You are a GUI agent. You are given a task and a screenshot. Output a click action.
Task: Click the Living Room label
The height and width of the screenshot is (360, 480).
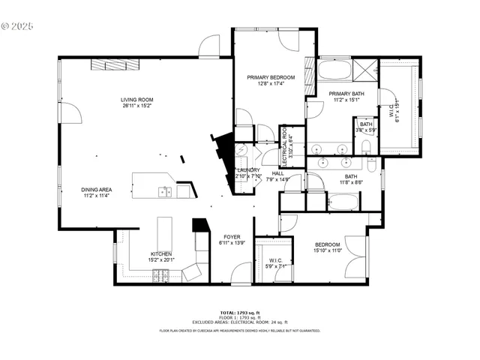click(x=136, y=100)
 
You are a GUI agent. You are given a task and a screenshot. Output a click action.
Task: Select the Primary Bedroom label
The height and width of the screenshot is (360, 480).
click(x=271, y=77)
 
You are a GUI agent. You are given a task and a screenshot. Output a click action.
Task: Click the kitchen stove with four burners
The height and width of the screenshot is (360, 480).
click(x=160, y=277)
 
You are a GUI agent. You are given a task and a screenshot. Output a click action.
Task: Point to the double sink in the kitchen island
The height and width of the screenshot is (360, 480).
click(x=164, y=192)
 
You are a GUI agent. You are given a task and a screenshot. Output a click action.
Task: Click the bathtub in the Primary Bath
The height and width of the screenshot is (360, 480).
click(x=334, y=71)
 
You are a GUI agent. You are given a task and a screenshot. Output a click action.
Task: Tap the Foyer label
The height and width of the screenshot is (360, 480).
click(x=229, y=237)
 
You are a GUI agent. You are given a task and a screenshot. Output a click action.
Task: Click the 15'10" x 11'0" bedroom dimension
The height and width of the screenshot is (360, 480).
click(x=327, y=251)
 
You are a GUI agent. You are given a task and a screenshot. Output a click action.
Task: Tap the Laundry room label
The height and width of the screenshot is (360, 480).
click(x=247, y=170)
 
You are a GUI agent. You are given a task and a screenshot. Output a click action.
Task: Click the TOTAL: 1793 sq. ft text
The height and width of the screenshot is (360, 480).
click(x=239, y=312)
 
